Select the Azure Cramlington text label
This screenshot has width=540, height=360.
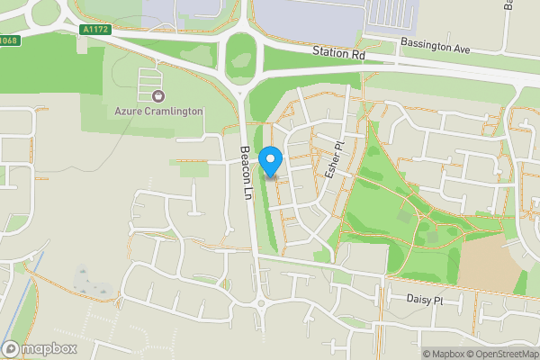click(x=158, y=111)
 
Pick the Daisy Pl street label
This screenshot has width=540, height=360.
click(x=426, y=300)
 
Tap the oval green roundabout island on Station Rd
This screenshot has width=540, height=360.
click(x=240, y=59)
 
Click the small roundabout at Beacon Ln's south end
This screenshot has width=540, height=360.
click(x=261, y=305)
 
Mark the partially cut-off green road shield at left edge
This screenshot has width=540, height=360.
click(x=7, y=40)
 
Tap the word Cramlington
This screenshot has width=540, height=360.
click(x=175, y=111)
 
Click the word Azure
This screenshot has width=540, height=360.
click(x=130, y=111)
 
